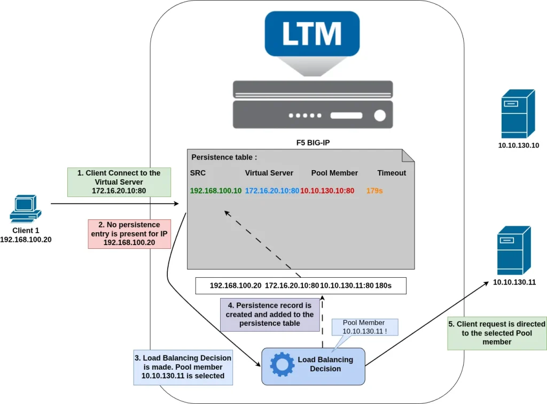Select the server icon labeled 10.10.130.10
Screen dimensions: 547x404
[518, 114]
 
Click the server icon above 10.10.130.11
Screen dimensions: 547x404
[513, 250]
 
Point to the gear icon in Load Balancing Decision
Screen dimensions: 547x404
[282, 364]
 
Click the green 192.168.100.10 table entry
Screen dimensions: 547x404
[216, 190]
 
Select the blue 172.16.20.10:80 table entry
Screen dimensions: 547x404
[272, 190]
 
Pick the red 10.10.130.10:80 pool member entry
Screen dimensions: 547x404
[327, 190]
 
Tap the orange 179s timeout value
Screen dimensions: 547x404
[375, 190]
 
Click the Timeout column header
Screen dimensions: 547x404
[392, 173]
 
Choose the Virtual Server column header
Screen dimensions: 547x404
[269, 173]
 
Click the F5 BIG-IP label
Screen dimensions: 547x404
[312, 143]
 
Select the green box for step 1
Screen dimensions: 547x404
[119, 181]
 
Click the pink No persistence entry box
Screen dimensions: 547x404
[129, 234]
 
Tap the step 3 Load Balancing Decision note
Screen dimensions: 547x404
[183, 367]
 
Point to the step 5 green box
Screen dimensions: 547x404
[497, 333]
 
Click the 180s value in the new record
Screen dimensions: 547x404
[383, 286]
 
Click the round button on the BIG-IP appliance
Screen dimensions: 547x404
[380, 116]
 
